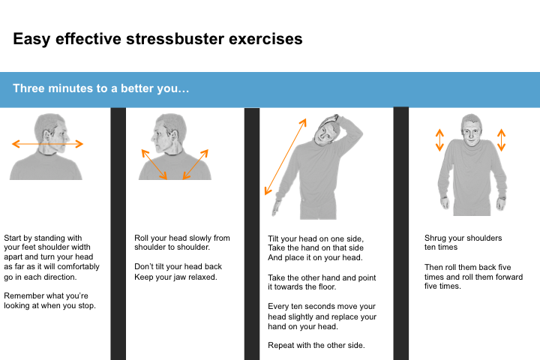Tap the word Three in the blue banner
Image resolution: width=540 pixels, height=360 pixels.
(x=28, y=88)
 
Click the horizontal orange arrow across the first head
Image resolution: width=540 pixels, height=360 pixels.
(x=47, y=144)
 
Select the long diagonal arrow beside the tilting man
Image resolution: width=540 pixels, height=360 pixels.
(x=286, y=157)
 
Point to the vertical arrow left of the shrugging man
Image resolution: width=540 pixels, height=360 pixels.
(x=439, y=139)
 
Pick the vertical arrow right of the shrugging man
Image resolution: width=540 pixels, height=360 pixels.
(x=502, y=139)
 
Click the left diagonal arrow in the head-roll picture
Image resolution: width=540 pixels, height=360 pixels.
(x=154, y=164)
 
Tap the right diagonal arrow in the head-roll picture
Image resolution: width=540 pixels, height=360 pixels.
(x=196, y=164)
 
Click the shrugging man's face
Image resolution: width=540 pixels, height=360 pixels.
(x=471, y=133)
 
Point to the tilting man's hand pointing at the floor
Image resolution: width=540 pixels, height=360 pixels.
(x=276, y=208)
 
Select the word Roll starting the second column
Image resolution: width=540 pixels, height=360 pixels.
(x=141, y=238)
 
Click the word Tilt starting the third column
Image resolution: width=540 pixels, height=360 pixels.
(x=273, y=238)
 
